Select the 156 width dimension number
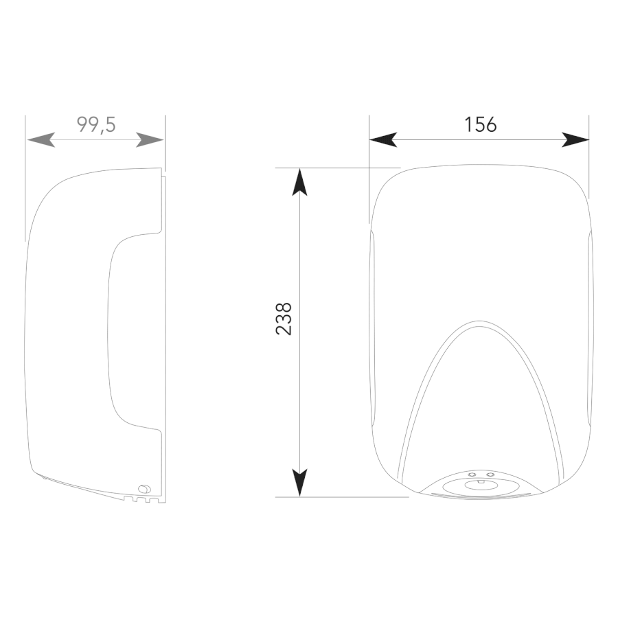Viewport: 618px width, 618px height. (x=481, y=124)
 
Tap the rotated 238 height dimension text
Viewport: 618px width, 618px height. (x=284, y=319)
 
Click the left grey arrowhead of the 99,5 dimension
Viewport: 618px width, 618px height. (x=41, y=140)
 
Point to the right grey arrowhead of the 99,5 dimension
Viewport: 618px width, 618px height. (x=150, y=140)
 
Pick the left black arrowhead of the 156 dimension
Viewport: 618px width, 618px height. (x=383, y=140)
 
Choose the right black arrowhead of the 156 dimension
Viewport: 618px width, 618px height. (x=575, y=140)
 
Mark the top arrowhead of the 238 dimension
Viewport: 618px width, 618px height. (x=300, y=182)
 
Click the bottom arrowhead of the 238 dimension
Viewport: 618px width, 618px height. (x=300, y=483)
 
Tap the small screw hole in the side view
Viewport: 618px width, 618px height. (x=144, y=489)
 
